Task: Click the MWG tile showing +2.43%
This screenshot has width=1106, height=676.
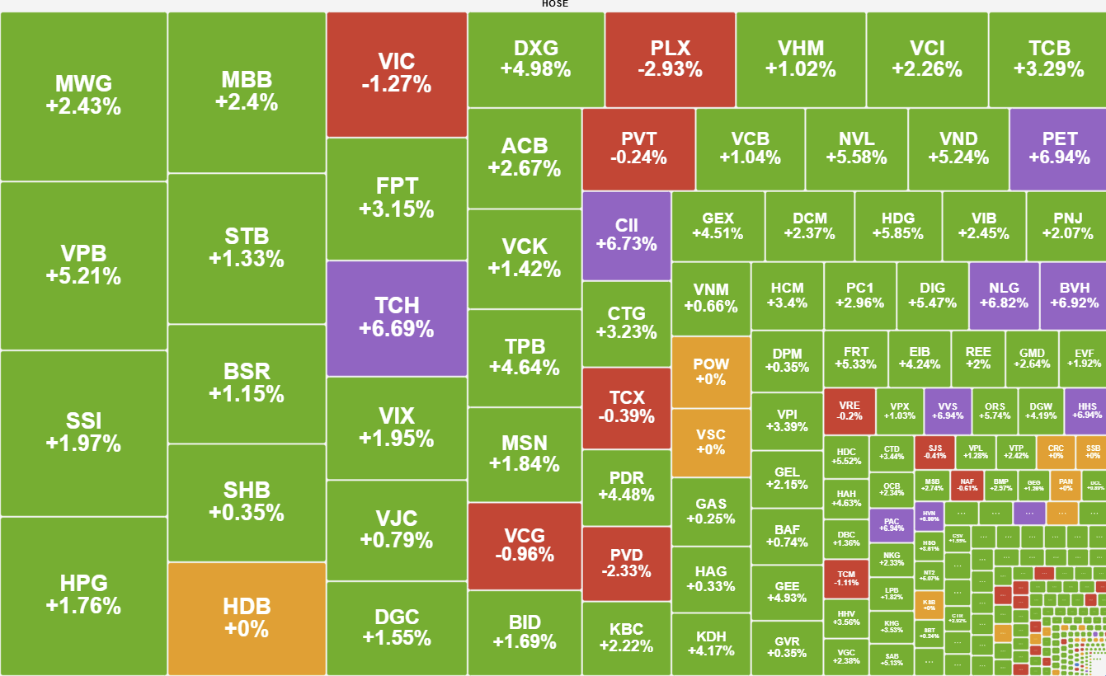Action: (x=83, y=96)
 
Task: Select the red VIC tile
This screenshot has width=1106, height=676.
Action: (x=397, y=73)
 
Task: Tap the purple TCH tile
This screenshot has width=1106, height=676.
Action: (x=397, y=318)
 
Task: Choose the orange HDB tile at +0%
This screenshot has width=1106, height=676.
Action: (x=247, y=618)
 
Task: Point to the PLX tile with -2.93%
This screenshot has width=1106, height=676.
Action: (x=670, y=59)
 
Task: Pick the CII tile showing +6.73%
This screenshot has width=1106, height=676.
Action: (x=626, y=235)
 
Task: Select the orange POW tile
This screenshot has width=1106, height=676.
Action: (x=711, y=372)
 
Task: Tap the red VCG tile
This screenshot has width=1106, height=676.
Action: (x=525, y=545)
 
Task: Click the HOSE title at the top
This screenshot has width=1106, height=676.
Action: (x=554, y=4)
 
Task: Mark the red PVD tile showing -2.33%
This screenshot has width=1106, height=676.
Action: (x=626, y=563)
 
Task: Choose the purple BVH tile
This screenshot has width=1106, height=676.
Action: (x=1072, y=295)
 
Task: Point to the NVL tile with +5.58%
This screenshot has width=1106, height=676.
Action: (x=856, y=148)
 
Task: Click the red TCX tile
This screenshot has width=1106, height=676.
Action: (x=626, y=407)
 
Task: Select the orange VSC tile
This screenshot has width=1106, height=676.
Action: (x=711, y=442)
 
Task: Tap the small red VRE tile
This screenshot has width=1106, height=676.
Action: (x=850, y=411)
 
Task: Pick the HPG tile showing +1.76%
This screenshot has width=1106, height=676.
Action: (x=83, y=595)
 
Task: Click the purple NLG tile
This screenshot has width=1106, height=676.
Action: (x=1004, y=295)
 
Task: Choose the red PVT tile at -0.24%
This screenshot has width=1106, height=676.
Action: (x=638, y=148)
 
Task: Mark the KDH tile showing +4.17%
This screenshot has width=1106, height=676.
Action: (x=711, y=643)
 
